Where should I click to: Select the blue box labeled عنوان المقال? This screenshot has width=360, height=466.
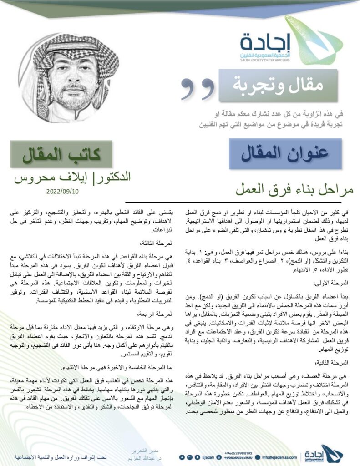click(286, 154)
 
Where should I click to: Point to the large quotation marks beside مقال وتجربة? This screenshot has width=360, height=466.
click(197, 86)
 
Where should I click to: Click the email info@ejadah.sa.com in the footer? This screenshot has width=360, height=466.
click(280, 457)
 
